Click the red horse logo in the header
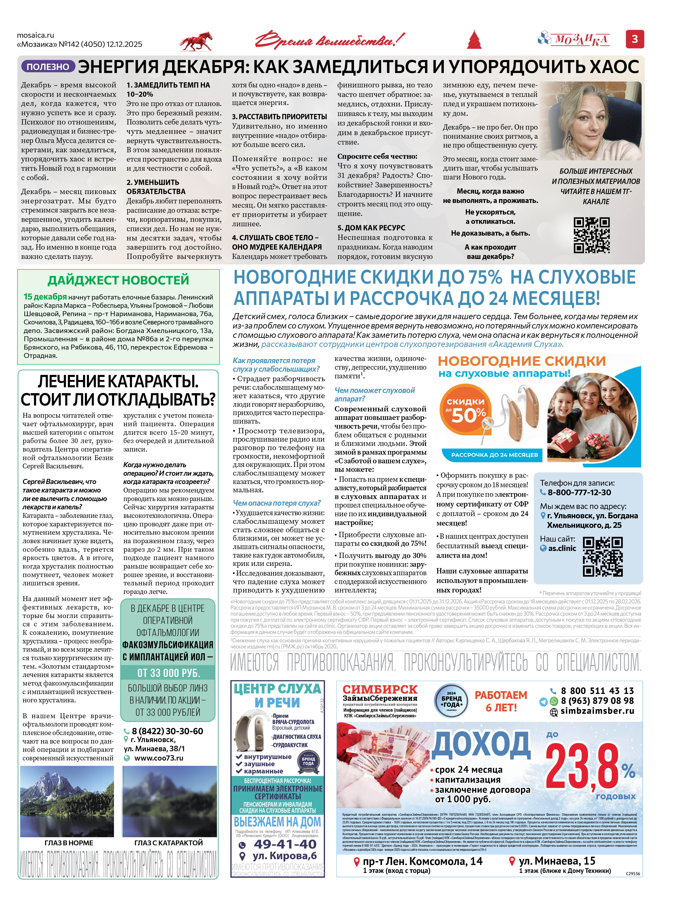[196, 42]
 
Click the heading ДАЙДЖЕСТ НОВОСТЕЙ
[118, 280]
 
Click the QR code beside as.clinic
[603, 557]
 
